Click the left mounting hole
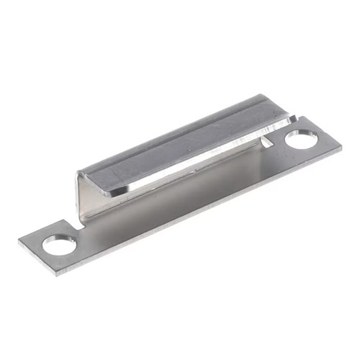click(x=60, y=246)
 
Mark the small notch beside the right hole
click(x=268, y=141)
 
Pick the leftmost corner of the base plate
click(x=19, y=242)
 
